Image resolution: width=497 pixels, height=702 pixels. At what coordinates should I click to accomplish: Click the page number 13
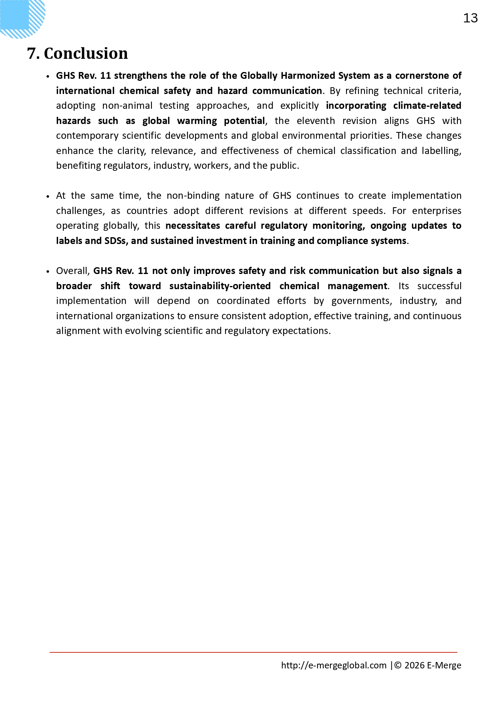tap(470, 18)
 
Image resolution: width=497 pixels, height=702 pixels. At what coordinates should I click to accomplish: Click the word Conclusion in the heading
tap(86, 54)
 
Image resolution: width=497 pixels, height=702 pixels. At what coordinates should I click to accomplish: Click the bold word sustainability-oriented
tap(220, 286)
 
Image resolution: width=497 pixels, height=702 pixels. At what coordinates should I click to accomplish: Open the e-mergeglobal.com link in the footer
tap(334, 665)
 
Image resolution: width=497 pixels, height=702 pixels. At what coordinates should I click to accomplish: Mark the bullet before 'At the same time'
tap(48, 196)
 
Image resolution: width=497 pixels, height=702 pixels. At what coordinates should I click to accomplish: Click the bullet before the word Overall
tap(48, 272)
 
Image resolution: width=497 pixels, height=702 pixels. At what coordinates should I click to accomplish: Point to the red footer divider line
tap(253, 652)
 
